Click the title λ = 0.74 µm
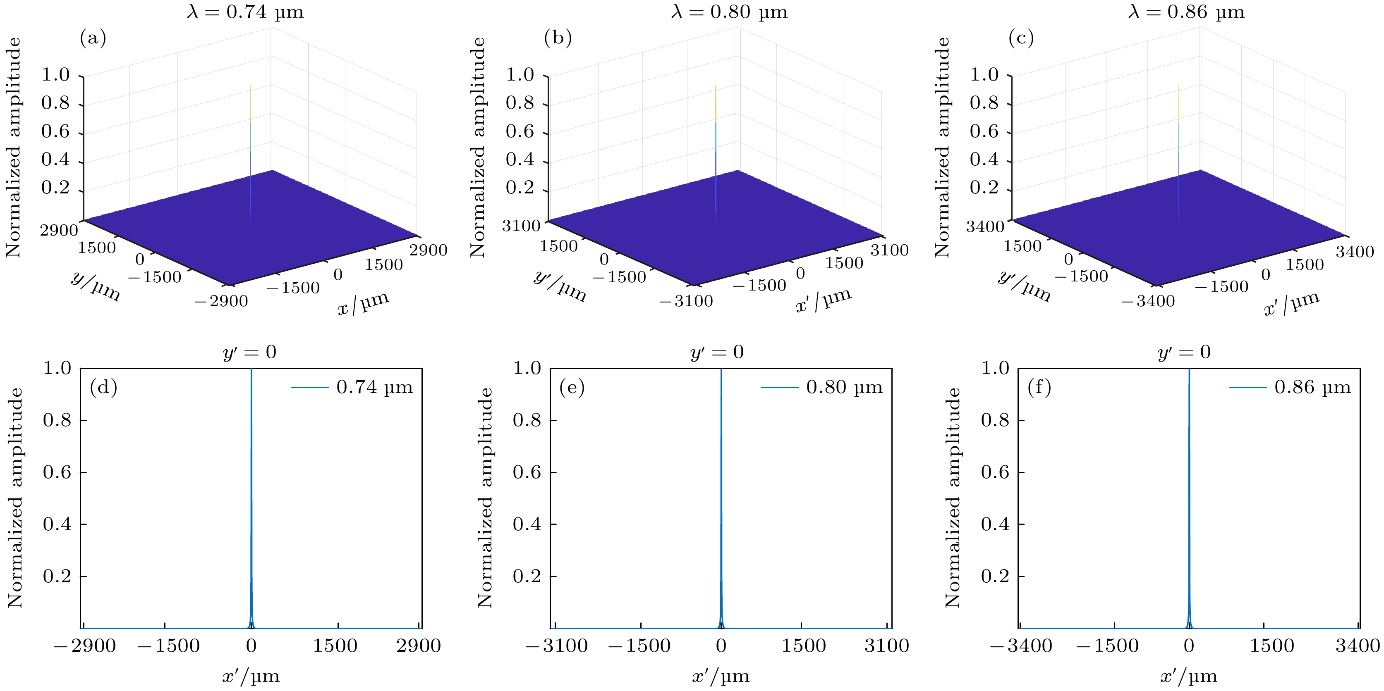point(245,12)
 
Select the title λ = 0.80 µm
point(729,12)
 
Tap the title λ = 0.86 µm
point(1186,12)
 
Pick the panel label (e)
point(572,387)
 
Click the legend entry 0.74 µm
point(374,387)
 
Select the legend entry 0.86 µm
point(1312,387)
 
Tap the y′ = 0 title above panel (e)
point(717,352)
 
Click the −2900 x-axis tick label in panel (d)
point(85,646)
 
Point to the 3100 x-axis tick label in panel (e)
point(886,646)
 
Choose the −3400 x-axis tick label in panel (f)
point(1021,646)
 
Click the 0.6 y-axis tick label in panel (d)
point(57,472)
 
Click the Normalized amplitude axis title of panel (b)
point(478,147)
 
